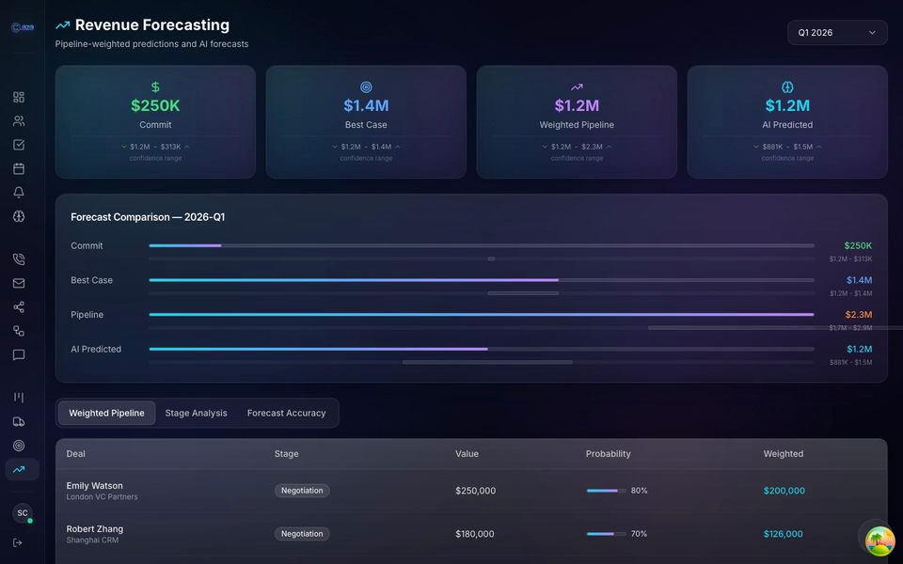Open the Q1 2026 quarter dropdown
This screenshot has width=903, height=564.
coord(836,33)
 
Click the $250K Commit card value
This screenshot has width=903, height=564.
coord(155,106)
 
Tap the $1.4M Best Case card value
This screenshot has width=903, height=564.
coord(366,106)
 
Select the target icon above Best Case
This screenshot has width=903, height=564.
coord(366,87)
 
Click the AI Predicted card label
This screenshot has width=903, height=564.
coord(787,125)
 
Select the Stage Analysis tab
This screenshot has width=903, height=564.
coord(196,414)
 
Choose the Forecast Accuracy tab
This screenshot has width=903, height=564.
coord(286,414)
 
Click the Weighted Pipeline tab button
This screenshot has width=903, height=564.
coord(106,414)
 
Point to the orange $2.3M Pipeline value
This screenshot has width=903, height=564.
coord(858,315)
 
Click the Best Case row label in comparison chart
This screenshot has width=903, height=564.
coord(91,280)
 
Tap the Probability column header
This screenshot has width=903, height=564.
coord(608,454)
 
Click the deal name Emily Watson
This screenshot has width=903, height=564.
coord(94,486)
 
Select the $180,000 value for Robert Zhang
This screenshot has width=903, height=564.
coord(475,534)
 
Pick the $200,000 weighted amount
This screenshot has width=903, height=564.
coord(784,491)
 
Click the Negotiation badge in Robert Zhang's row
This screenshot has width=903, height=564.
coord(302,534)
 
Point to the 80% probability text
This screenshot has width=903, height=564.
coord(639,491)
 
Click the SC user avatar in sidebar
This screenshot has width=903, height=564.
coord(22,513)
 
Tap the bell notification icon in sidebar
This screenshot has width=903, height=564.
coord(19,193)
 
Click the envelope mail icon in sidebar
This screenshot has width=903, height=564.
coord(19,283)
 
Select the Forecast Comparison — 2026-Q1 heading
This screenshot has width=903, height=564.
coord(148,217)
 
